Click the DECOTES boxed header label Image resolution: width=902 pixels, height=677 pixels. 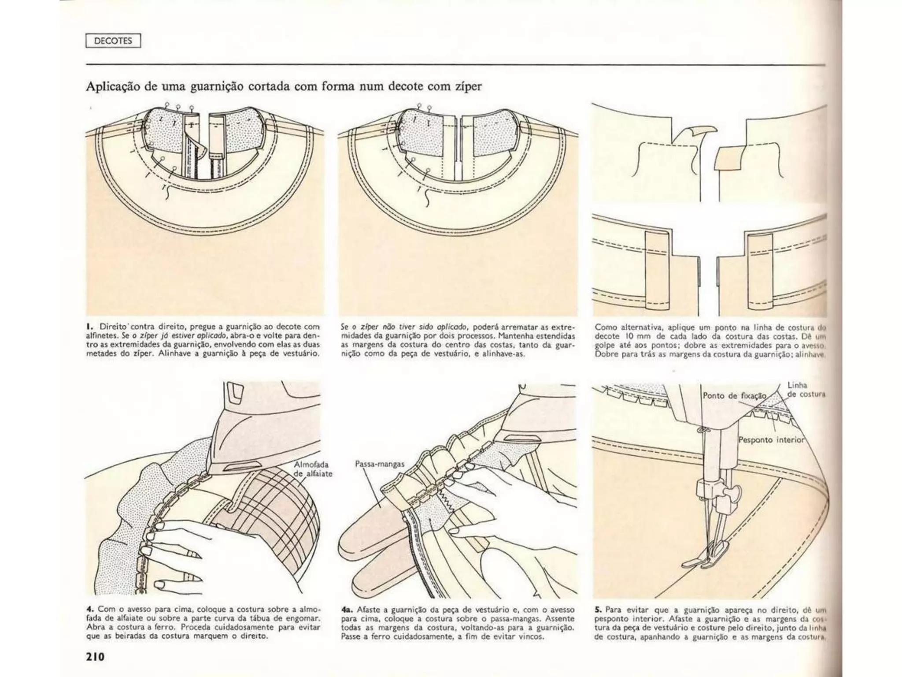113,41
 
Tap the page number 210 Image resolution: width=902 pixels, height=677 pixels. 95,656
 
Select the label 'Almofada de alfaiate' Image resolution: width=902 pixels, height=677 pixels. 312,469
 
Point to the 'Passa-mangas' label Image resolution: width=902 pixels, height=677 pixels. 380,464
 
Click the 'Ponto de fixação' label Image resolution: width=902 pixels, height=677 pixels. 734,395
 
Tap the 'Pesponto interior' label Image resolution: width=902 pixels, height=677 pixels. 771,440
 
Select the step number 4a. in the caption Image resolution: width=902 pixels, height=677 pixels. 346,610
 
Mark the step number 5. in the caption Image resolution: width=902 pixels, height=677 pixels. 598,610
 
